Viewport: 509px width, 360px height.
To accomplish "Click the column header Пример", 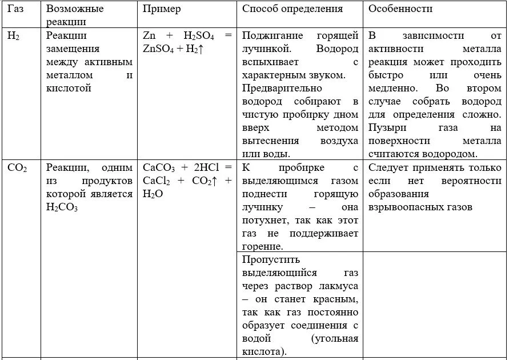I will [x=162, y=9].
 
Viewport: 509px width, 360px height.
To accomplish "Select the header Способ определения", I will [x=292, y=9].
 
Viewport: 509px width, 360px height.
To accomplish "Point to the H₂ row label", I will [x=13, y=35].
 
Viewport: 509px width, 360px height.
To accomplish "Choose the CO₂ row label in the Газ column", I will [x=17, y=168].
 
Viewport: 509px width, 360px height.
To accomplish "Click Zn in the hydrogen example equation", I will [x=149, y=35].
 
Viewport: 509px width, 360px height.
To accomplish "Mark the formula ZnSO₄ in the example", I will [x=159, y=49].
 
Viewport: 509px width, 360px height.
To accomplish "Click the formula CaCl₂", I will [x=157, y=181].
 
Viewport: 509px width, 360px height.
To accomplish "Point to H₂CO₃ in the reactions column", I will [x=62, y=207].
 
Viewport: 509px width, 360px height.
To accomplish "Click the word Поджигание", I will [x=271, y=35].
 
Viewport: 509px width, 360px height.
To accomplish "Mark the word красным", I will [x=338, y=299].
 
